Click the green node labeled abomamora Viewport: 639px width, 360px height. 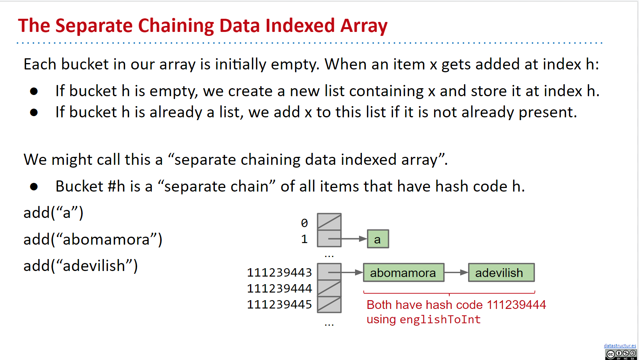[x=403, y=273]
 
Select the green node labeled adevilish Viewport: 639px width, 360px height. [x=501, y=273]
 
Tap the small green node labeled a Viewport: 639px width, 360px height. [x=378, y=239]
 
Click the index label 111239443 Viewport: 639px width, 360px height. [x=279, y=273]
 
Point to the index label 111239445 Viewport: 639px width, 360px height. [x=279, y=305]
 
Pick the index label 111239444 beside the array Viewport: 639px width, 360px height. [x=279, y=288]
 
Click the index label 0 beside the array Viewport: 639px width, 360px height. [x=304, y=223]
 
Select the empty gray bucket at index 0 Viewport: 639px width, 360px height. [x=329, y=222]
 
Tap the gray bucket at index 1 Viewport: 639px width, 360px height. [x=329, y=239]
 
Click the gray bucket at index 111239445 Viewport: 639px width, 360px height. [x=329, y=305]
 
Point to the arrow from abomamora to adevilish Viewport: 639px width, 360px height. [x=456, y=273]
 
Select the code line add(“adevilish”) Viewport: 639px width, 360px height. [x=81, y=266]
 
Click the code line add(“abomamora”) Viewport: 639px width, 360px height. [x=93, y=239]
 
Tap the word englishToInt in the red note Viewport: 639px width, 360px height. [x=440, y=320]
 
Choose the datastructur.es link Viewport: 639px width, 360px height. [x=620, y=346]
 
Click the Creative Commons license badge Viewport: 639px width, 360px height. [x=621, y=354]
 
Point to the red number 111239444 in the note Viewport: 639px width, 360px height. [x=516, y=305]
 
